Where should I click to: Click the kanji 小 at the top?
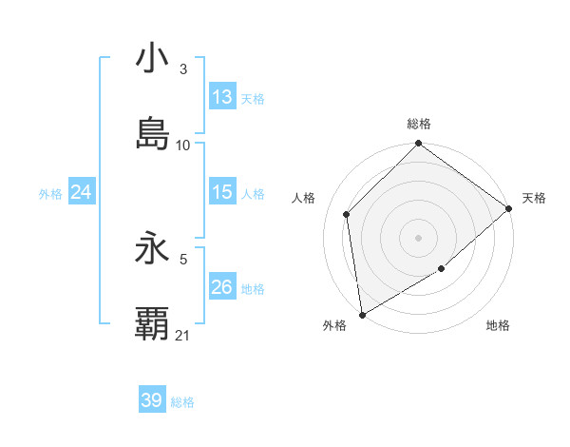click(x=152, y=58)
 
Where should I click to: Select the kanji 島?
click(x=152, y=134)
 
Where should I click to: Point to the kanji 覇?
click(x=152, y=324)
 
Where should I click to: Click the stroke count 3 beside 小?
click(x=182, y=69)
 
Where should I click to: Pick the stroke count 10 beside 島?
click(x=183, y=146)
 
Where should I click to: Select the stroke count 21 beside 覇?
click(x=183, y=336)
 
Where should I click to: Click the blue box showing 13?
click(x=221, y=97)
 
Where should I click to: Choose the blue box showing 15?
click(x=221, y=192)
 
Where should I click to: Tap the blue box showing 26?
click(x=221, y=287)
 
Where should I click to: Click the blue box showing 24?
click(x=82, y=192)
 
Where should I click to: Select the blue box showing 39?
click(x=152, y=400)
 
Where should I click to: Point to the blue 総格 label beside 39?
click(x=182, y=402)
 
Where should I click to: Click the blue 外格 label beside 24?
click(x=50, y=194)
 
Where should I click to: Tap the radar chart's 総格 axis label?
click(x=418, y=124)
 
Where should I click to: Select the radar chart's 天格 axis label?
click(x=534, y=198)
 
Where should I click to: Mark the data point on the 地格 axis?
click(x=442, y=269)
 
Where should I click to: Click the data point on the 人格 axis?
click(x=347, y=214)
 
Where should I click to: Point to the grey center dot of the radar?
click(x=418, y=237)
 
